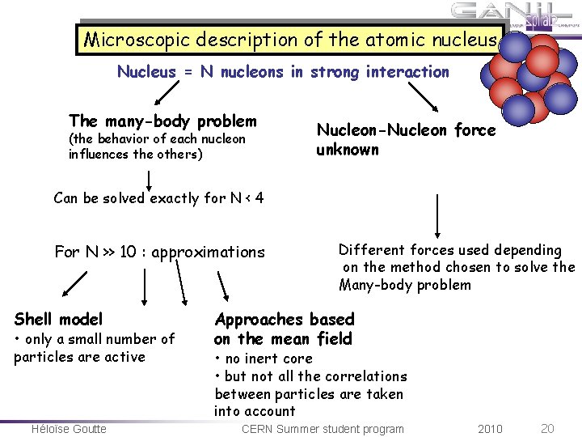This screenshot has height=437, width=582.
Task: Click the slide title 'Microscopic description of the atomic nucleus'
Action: coord(290,39)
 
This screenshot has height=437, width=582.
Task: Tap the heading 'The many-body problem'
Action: coord(162,121)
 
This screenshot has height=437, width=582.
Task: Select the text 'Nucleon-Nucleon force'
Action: coord(406,130)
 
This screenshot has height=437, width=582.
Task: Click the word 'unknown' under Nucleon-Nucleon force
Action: coord(348,150)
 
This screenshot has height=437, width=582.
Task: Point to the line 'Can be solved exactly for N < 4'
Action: coord(158,198)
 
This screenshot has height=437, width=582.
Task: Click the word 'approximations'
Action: coord(208,252)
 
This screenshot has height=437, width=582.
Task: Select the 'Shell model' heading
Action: coord(58,319)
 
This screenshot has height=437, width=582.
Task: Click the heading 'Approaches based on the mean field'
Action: coord(284,329)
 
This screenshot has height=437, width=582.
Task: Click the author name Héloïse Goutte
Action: coord(69,429)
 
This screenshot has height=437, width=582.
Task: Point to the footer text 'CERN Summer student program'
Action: coord(323,429)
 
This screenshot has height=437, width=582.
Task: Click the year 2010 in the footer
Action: coord(490,429)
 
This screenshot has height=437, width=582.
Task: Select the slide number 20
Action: coord(547,429)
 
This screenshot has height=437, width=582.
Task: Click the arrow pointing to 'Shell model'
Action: coord(74,282)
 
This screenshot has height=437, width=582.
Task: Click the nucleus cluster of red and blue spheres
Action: coord(529,77)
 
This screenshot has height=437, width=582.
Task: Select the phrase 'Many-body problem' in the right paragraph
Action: coord(405,285)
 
